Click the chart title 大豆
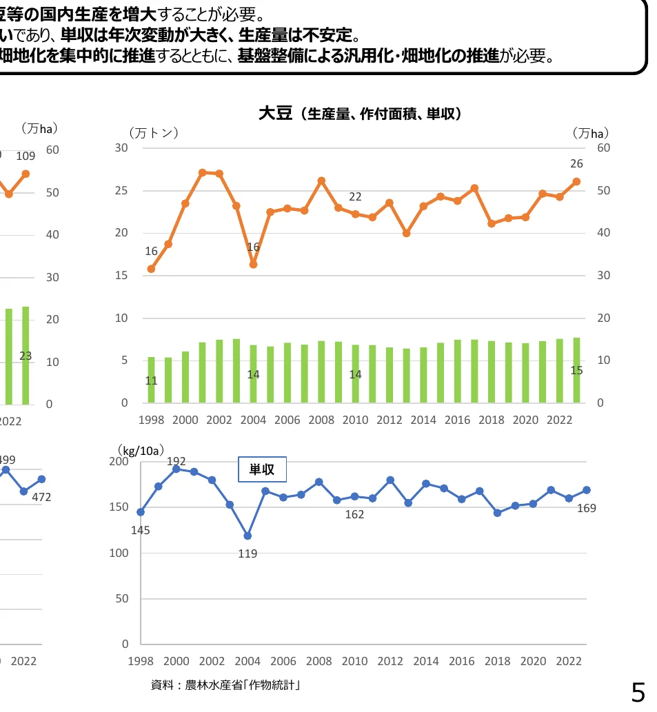tap(276, 113)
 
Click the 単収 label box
tap(262, 469)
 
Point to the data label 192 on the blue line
tap(176, 461)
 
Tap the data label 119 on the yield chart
tap(247, 553)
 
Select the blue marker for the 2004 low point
tap(247, 536)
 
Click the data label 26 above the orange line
tap(576, 164)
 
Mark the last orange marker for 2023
tap(576, 181)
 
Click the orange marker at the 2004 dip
tap(253, 264)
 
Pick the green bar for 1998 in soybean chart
tap(152, 380)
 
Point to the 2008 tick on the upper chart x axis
tap(321, 419)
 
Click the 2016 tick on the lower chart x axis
tap(462, 661)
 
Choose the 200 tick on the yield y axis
tap(120, 462)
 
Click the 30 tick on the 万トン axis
tap(121, 148)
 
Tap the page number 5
tap(638, 691)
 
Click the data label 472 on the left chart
tap(41, 497)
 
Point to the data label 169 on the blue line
tap(586, 508)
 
